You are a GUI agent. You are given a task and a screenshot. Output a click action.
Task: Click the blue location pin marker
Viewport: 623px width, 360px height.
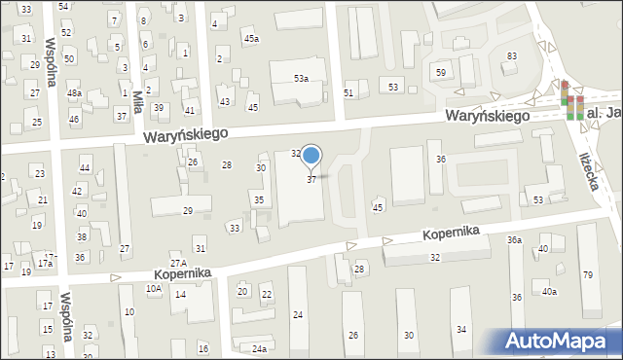pos(311,156)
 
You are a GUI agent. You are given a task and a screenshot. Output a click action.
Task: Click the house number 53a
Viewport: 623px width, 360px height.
pos(302,78)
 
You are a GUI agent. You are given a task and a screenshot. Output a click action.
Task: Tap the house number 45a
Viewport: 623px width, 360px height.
pos(251,39)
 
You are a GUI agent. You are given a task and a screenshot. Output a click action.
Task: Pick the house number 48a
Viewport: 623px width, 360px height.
pos(74,93)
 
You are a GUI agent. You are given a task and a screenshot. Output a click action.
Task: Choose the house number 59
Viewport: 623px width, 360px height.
pos(441,73)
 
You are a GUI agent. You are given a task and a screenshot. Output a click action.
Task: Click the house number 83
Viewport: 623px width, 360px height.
pos(511,56)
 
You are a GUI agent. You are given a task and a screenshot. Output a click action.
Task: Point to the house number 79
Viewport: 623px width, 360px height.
pos(587,274)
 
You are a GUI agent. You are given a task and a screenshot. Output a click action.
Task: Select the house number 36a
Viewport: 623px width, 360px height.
pos(514,239)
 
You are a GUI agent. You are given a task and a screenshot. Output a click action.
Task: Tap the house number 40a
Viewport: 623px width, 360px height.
pos(550,292)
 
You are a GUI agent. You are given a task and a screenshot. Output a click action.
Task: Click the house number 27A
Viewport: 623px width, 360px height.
pos(178,264)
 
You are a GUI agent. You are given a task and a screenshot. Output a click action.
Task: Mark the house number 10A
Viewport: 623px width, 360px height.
pos(154,288)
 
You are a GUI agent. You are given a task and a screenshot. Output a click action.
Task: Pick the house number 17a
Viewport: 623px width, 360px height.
pos(45,263)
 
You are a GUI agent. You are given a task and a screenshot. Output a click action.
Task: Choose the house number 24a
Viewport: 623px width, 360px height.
pos(258,348)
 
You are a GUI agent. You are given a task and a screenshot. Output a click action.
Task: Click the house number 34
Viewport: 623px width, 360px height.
pos(461,330)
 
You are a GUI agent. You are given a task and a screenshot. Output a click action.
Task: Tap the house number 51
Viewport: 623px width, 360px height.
pos(348,93)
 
